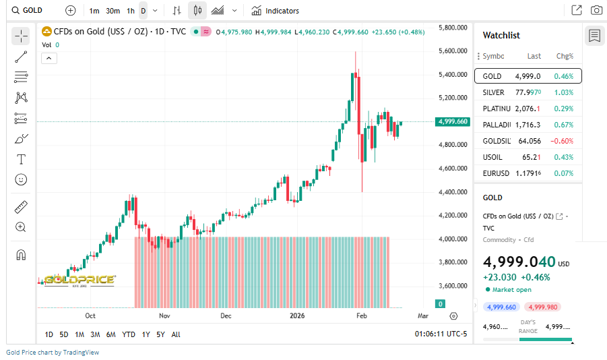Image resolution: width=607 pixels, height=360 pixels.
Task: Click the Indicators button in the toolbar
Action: tap(275, 11)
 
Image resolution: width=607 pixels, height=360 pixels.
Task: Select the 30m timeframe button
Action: tap(113, 11)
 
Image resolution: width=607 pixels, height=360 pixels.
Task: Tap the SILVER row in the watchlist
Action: tap(528, 92)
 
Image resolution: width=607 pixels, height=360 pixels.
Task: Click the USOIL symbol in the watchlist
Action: tap(493, 157)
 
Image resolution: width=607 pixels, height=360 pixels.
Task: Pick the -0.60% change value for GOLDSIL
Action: tap(563, 141)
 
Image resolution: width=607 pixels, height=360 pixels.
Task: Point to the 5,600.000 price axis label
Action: tap(453, 51)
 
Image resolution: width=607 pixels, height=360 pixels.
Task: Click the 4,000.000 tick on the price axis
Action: tap(453, 239)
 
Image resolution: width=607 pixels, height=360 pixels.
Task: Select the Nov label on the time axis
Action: tap(164, 316)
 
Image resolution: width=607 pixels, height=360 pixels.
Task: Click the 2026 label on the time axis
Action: tap(297, 316)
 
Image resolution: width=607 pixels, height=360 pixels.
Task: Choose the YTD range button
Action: tap(128, 334)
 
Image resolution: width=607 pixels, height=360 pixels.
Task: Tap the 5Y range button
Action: tap(160, 334)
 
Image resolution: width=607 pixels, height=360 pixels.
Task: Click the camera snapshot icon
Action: tap(596, 10)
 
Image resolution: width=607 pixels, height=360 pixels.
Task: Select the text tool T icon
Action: tap(21, 159)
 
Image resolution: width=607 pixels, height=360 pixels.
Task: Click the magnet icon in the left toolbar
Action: tap(21, 255)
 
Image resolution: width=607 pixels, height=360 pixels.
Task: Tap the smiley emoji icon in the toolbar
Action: tap(21, 179)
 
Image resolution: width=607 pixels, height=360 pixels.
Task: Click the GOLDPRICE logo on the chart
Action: tap(79, 280)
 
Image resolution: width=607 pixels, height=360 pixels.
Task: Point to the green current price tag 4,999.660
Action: tap(452, 122)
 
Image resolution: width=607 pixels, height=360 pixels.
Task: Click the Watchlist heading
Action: tap(501, 35)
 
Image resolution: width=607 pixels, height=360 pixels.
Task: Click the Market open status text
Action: tap(512, 289)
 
